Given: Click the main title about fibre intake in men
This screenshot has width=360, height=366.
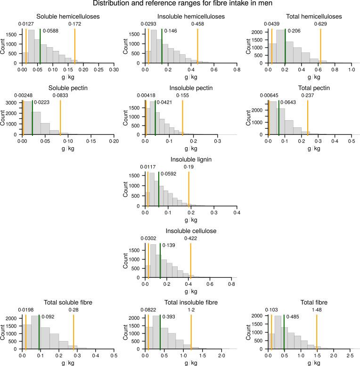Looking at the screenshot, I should pyautogui.click(x=180, y=4).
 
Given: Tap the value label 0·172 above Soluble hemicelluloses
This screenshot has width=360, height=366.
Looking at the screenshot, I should pyautogui.click(x=75, y=23).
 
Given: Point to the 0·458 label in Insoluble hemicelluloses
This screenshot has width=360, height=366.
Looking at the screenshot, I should pyautogui.click(x=197, y=23).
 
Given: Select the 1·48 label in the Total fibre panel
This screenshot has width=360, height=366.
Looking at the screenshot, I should pyautogui.click(x=317, y=309).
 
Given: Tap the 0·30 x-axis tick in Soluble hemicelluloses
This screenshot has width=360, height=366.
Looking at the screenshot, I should pyautogui.click(x=114, y=69).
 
